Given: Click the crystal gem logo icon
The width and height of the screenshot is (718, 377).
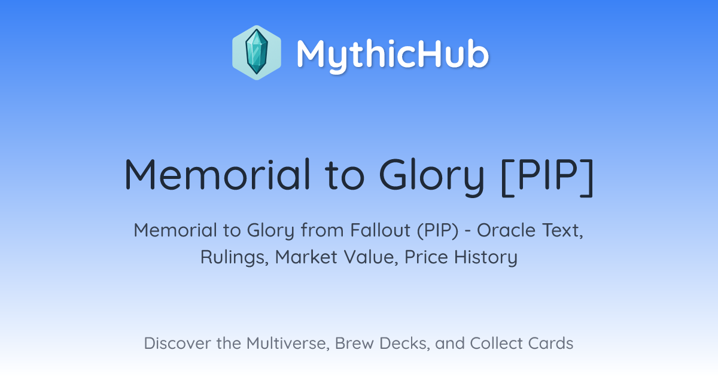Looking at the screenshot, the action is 257,53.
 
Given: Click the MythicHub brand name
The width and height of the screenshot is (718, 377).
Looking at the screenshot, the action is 393,55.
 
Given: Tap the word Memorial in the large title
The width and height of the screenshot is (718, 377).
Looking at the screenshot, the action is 217,174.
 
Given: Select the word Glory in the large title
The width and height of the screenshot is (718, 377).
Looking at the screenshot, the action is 431,177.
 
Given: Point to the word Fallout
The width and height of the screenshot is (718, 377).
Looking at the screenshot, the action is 380,230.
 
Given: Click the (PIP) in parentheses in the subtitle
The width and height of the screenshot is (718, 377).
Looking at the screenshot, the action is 437,231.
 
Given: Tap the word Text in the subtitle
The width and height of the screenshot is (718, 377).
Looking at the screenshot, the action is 562,231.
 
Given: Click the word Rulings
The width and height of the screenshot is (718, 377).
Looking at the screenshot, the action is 235,258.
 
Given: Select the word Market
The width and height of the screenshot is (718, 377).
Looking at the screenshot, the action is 306,257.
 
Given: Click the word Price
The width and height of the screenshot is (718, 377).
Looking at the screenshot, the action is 426,257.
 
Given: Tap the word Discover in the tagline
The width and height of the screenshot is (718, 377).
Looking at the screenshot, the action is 177,343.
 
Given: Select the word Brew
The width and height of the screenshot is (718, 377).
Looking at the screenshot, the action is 354,343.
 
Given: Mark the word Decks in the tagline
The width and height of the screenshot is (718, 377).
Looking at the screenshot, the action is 404,343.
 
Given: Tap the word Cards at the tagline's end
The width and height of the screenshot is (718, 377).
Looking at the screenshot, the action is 550,343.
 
